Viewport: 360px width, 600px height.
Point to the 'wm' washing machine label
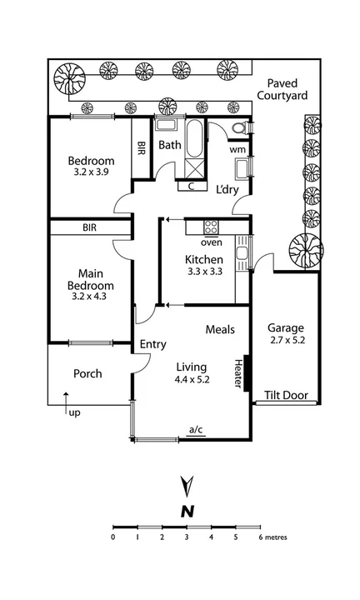(x=236, y=149)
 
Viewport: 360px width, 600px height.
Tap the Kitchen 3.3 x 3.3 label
(x=204, y=264)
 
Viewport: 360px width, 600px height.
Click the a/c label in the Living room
(x=196, y=430)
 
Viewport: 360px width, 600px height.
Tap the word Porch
(x=87, y=374)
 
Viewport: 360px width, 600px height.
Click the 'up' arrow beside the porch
(x=67, y=402)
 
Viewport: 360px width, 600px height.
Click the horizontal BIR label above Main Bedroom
(x=90, y=227)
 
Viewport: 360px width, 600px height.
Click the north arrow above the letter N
(x=188, y=485)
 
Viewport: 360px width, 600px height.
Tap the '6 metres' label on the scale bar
(x=270, y=537)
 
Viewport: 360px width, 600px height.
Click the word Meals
(x=220, y=330)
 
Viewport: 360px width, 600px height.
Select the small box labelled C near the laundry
(x=191, y=186)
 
